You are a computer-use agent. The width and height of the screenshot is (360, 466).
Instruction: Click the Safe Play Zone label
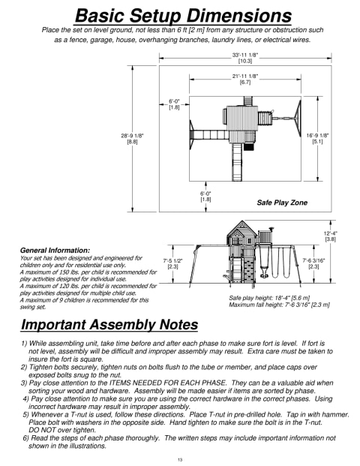coord(282,203)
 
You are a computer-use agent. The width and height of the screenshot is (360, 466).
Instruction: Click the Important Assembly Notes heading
coord(109,324)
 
